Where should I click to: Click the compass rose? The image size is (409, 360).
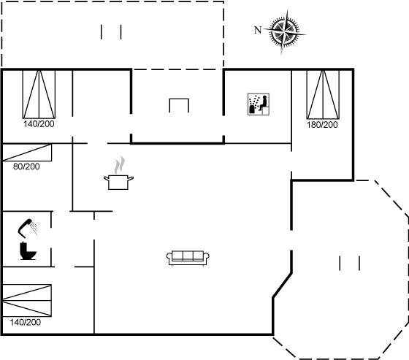(x=285, y=31)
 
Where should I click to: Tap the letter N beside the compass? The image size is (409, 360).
(x=258, y=30)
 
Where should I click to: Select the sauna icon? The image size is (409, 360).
(x=259, y=104)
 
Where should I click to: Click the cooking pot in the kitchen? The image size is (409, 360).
(x=118, y=182)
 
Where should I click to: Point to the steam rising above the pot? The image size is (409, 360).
(x=119, y=165)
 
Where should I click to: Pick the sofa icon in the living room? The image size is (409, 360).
(x=188, y=258)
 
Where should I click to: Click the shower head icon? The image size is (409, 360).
(x=28, y=228)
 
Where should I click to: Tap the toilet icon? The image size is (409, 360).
(x=28, y=250)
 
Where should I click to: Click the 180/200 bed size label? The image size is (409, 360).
(x=322, y=125)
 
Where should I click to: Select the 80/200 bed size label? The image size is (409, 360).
(x=26, y=166)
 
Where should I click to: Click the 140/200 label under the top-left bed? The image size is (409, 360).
(x=39, y=123)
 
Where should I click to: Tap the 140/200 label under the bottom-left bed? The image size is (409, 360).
(x=26, y=322)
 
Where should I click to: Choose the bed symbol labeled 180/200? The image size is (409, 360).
(x=323, y=95)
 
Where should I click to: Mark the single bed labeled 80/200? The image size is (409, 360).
(x=27, y=153)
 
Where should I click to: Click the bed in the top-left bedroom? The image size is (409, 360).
(x=39, y=94)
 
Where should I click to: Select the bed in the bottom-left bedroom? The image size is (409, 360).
(x=27, y=301)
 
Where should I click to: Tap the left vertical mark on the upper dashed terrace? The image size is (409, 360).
(x=102, y=32)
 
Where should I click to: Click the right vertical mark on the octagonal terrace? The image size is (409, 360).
(x=359, y=263)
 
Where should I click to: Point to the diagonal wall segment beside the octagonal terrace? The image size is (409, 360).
(x=282, y=285)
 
